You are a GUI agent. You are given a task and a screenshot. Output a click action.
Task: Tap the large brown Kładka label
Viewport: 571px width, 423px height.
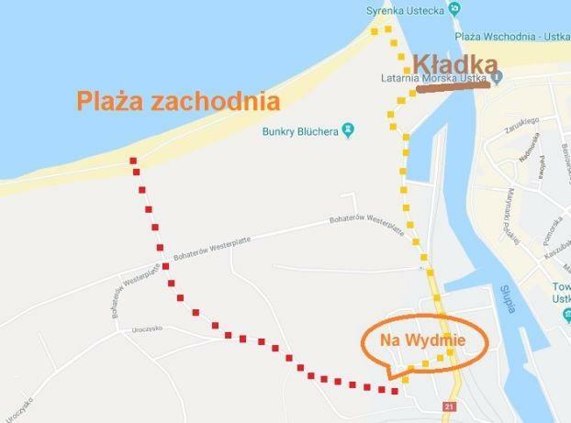point(455,63)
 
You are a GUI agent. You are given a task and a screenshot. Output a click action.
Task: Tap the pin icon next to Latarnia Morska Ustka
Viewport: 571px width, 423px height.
point(496,78)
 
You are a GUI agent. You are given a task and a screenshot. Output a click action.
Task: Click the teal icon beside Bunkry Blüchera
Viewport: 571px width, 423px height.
point(348,129)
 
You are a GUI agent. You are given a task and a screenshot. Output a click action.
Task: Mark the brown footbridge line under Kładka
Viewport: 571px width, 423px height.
point(449,90)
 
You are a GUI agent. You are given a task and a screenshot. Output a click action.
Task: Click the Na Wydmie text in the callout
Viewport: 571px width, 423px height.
point(424,340)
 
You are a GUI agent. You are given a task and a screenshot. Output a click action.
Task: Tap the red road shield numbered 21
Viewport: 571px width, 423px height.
point(449,406)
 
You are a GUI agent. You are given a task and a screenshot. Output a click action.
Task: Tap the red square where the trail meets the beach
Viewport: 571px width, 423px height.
point(134,161)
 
